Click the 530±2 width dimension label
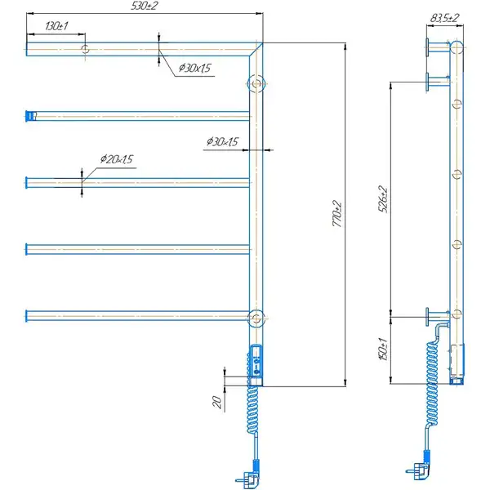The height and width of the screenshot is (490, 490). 145,6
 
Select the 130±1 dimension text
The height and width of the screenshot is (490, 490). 56,26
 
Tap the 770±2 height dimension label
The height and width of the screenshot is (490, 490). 337,214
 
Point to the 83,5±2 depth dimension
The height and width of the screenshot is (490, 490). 444,18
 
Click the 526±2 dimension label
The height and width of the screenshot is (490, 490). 383,199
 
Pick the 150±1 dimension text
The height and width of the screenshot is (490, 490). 383,349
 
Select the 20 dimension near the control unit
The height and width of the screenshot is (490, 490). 217,402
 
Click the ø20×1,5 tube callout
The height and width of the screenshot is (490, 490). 117,159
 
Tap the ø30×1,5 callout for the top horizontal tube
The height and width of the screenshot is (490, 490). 195,68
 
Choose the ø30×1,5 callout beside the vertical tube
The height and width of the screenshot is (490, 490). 222,141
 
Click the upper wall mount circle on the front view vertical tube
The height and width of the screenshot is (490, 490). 256,83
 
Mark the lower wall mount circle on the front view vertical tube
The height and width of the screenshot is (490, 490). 256,318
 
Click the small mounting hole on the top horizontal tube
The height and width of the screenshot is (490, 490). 85,49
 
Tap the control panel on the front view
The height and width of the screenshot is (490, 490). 256,360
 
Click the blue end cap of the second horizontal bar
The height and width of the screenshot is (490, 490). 29,116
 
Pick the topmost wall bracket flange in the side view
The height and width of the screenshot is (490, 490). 427,47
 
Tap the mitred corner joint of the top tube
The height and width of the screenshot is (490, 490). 256,49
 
